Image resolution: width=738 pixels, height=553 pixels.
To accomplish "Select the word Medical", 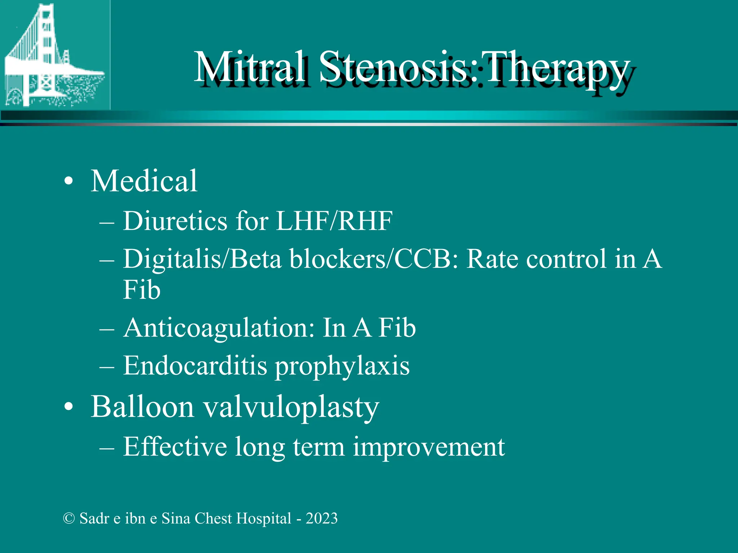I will click(x=144, y=181).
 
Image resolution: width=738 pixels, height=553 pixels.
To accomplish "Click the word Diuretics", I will click(x=175, y=221).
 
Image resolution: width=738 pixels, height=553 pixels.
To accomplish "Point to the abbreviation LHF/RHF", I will click(x=334, y=221).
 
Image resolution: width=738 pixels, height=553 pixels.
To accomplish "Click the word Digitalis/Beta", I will click(x=202, y=259).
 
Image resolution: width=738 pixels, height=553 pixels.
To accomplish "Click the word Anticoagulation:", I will click(x=219, y=328).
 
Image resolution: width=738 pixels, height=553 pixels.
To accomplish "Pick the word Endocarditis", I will click(x=195, y=366).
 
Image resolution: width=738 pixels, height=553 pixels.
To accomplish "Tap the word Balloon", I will click(x=142, y=407).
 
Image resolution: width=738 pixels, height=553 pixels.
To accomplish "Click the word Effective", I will click(x=175, y=447).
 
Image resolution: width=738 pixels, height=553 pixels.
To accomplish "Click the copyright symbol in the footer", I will click(x=68, y=518).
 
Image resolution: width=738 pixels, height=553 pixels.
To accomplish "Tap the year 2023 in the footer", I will click(x=322, y=518).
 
